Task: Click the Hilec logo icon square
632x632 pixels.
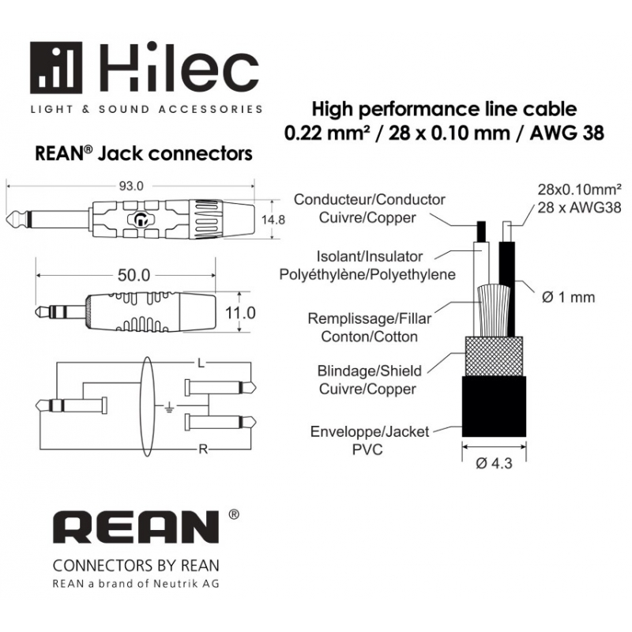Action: coord(59,69)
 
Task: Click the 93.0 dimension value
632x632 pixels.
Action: coord(130,186)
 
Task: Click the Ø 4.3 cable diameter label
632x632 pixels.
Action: coord(494,464)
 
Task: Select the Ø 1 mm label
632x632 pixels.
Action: coord(569,298)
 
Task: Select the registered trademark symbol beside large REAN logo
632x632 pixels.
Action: coord(233,515)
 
